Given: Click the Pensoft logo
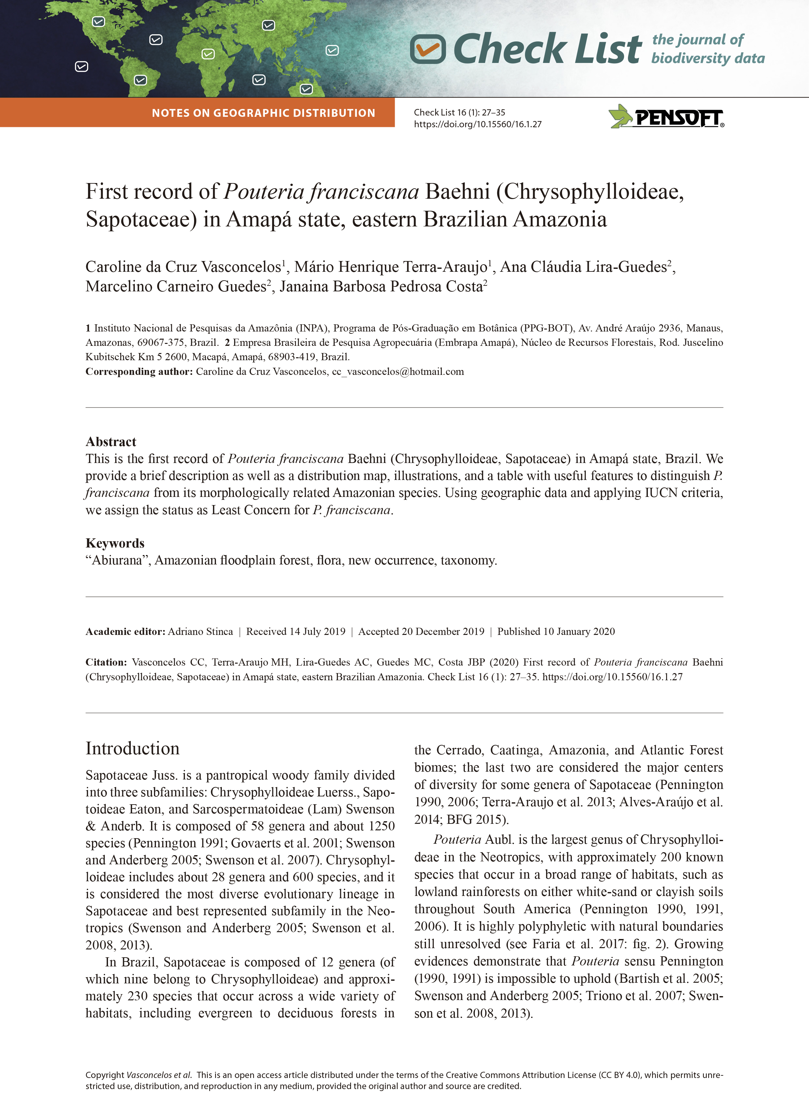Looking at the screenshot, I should coord(666,116).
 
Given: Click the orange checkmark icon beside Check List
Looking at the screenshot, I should coord(428,49).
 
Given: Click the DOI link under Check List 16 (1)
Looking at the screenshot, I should coord(478,124).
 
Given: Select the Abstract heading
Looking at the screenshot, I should coord(111,442).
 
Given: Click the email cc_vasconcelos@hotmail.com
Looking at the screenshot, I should coord(398,372).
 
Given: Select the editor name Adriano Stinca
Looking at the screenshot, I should coord(200,632).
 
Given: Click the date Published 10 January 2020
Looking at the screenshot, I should coord(556,632).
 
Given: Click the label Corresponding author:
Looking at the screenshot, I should coord(139,372).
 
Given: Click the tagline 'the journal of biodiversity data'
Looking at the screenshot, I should coord(707,49).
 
